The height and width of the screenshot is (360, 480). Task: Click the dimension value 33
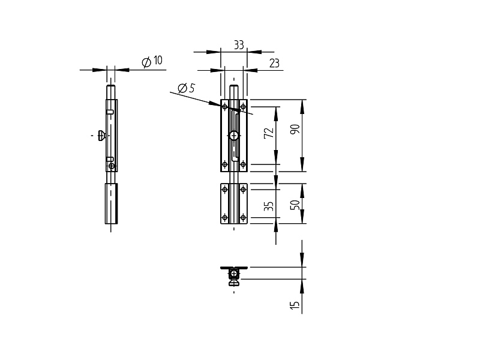(x=239, y=45)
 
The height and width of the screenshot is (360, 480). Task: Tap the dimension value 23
(x=274, y=63)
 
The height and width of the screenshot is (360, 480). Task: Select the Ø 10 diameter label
(x=152, y=61)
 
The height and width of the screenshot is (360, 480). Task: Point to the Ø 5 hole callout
(x=186, y=88)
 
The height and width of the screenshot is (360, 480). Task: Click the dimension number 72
(x=269, y=133)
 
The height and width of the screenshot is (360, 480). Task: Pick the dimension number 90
(x=295, y=129)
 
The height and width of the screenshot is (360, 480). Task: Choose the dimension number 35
(x=268, y=206)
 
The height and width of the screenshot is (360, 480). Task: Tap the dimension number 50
(x=295, y=205)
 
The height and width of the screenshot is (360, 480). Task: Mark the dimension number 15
(x=294, y=305)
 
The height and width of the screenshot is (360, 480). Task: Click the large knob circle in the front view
(x=234, y=136)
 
